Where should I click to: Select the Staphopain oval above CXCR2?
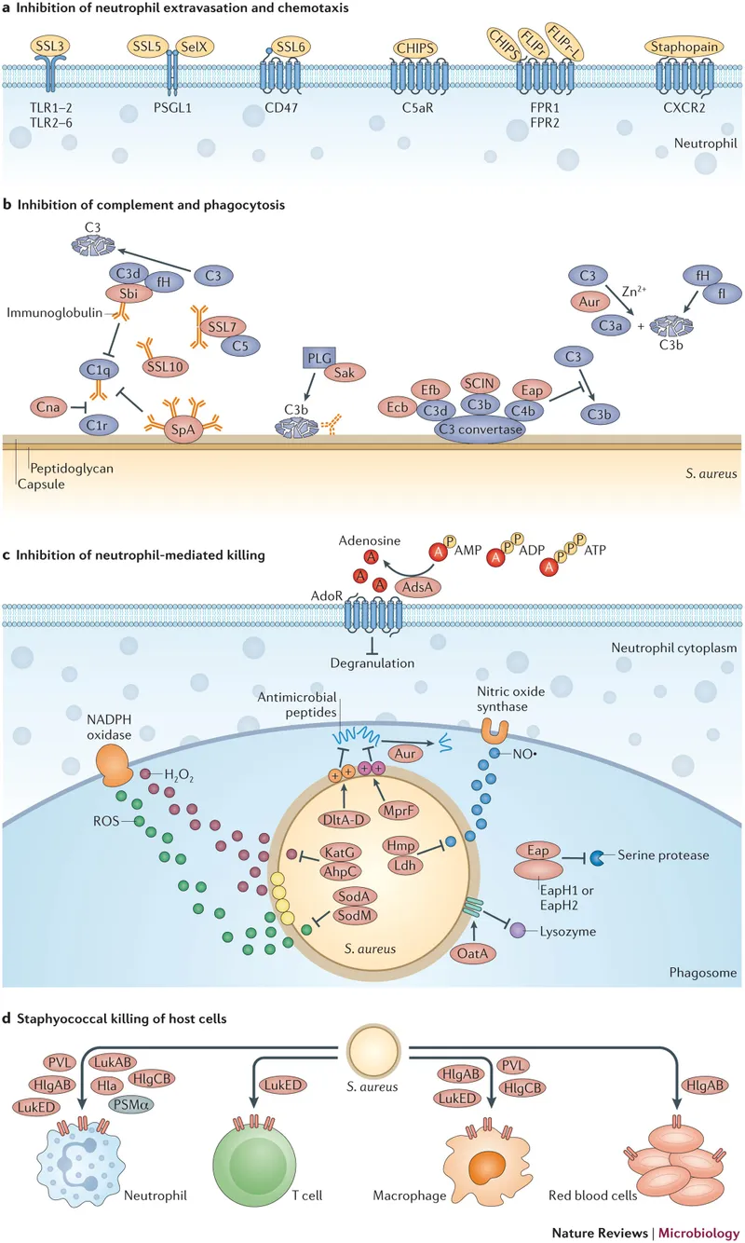683,46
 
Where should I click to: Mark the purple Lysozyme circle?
517,929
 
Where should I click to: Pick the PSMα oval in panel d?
130,1105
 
